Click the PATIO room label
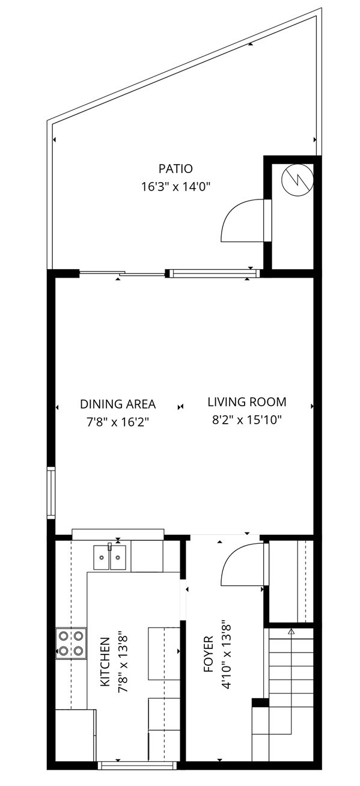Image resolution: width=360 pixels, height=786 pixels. point(175,169)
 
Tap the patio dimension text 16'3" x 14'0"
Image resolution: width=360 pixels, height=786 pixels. point(175,187)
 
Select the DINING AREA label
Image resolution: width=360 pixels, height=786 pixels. point(118,404)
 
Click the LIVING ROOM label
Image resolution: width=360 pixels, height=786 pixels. point(247,401)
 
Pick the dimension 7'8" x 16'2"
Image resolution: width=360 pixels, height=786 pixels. point(118,422)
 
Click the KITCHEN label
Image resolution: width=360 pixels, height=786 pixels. point(105,663)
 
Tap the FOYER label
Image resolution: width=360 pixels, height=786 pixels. point(209,653)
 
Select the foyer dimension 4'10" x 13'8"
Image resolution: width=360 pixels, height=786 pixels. point(227,654)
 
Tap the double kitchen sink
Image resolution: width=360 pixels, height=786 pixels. point(110,557)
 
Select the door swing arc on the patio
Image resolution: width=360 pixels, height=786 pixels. point(243,220)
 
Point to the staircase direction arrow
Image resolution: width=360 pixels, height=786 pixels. point(291,632)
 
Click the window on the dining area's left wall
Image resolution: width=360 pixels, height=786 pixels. point(52,493)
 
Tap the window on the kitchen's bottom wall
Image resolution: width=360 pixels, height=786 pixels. point(137,765)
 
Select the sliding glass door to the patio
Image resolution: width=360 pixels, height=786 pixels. point(123,274)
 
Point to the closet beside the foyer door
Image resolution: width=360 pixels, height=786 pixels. point(290,580)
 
